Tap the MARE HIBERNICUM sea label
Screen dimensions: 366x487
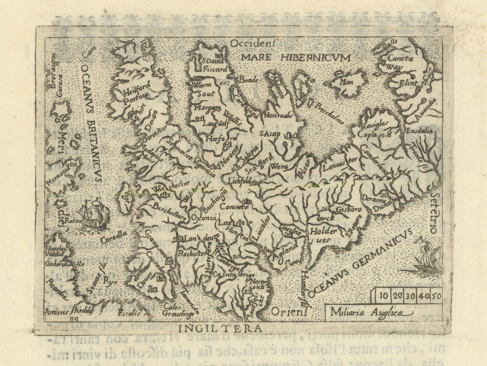(x=295, y=57)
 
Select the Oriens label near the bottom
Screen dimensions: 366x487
(x=289, y=311)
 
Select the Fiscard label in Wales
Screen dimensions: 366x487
(x=215, y=69)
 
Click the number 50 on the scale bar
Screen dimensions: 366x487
(x=436, y=295)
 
